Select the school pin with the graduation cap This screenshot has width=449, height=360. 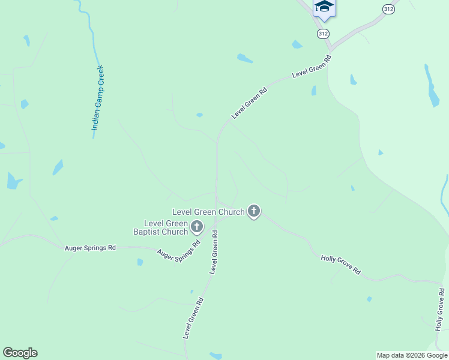point(324,7)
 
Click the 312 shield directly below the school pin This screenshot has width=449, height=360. point(324,34)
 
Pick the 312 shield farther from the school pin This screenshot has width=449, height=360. point(389,9)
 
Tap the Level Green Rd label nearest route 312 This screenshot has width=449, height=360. point(312,67)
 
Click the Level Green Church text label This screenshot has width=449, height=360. point(208,212)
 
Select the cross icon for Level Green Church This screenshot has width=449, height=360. point(254,211)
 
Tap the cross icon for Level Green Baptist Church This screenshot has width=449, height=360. point(197,227)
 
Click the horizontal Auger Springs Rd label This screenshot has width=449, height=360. point(90,247)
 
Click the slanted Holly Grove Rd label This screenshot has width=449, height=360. point(340,265)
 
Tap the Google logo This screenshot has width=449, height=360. point(20,353)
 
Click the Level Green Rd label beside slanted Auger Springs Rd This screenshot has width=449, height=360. point(213,256)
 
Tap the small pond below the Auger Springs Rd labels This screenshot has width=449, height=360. point(140,262)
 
